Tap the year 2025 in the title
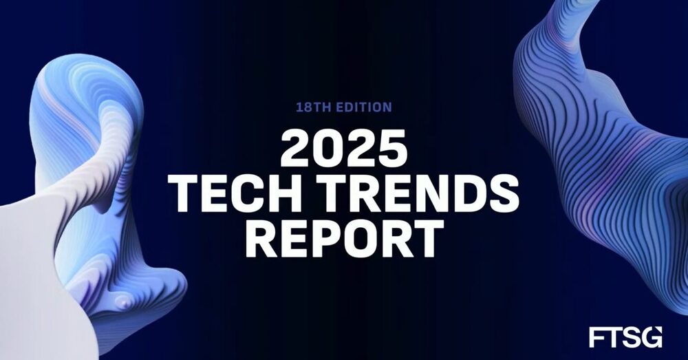344,150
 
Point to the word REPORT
344,237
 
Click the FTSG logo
625,337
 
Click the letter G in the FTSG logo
652,337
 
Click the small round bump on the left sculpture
122,301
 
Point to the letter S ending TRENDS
502,194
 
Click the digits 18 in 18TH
302,107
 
